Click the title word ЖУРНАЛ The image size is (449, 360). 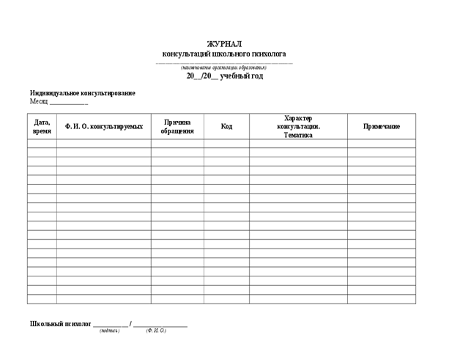pyautogui.click(x=224, y=44)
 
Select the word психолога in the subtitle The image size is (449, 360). pyautogui.click(x=268, y=54)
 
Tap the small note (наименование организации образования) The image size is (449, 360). pyautogui.click(x=224, y=67)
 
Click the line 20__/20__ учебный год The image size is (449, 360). pyautogui.click(x=224, y=76)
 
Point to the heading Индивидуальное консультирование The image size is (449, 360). pyautogui.click(x=82, y=93)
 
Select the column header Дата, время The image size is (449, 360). pyautogui.click(x=42, y=126)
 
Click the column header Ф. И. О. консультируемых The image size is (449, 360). pyautogui.click(x=103, y=126)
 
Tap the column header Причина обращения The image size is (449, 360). pyautogui.click(x=177, y=126)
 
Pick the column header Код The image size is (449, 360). pyautogui.click(x=226, y=126)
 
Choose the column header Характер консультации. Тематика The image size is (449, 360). pyautogui.click(x=298, y=126)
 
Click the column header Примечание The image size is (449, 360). pyautogui.click(x=382, y=126)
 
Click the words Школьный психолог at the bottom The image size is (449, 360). pyautogui.click(x=60, y=323)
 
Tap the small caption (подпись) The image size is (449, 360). pyautogui.click(x=110, y=331)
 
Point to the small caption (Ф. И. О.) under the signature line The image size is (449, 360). pyautogui.click(x=156, y=331)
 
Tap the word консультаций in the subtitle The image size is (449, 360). pyautogui.click(x=186, y=54)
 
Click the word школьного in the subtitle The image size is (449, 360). pyautogui.click(x=231, y=54)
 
